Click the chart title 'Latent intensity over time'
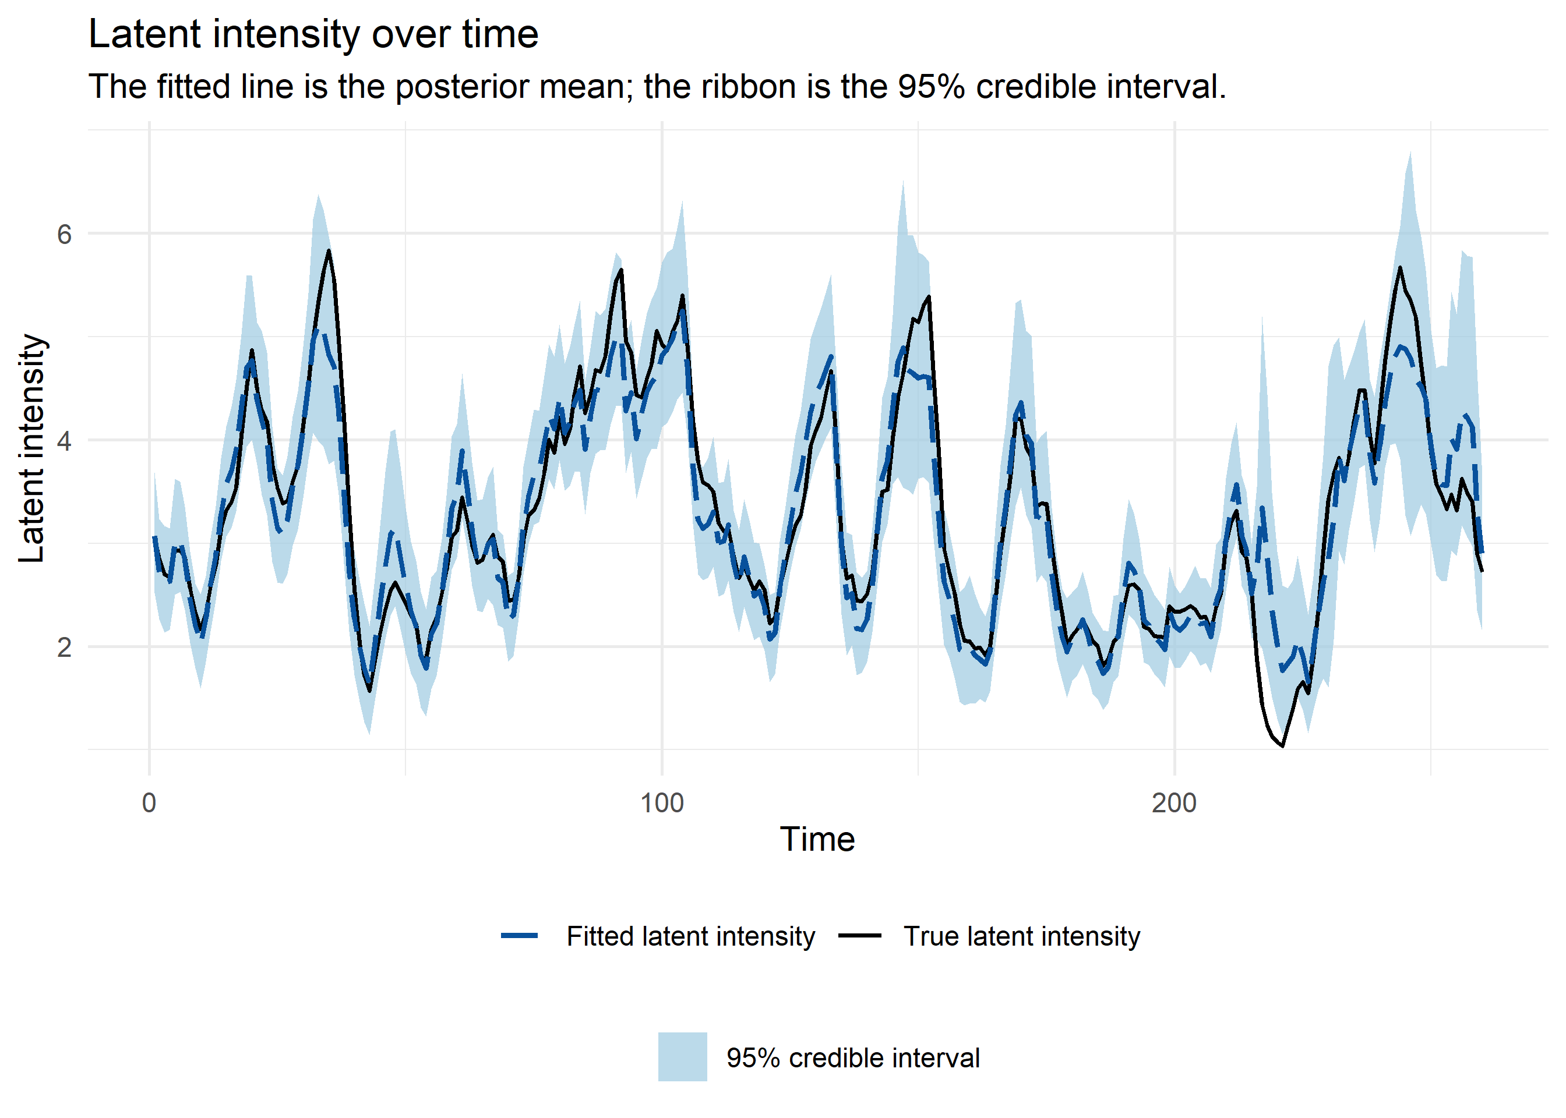pyautogui.click(x=313, y=34)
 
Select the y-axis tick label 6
pyautogui.click(x=64, y=235)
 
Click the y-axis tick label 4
pyautogui.click(x=64, y=441)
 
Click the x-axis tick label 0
pyautogui.click(x=149, y=803)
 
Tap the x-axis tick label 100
pyautogui.click(x=662, y=803)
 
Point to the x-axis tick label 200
pyautogui.click(x=1174, y=803)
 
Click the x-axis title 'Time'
pyautogui.click(x=817, y=839)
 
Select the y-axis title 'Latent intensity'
pyautogui.click(x=31, y=448)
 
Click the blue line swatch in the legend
pyautogui.click(x=519, y=936)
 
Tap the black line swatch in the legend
pyautogui.click(x=859, y=936)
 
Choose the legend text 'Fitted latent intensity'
pyautogui.click(x=691, y=936)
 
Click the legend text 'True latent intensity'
pyautogui.click(x=1022, y=936)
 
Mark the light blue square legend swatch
pyautogui.click(x=682, y=1057)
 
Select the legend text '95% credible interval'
pyautogui.click(x=852, y=1058)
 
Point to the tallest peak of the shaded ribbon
pyautogui.click(x=1410, y=152)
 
